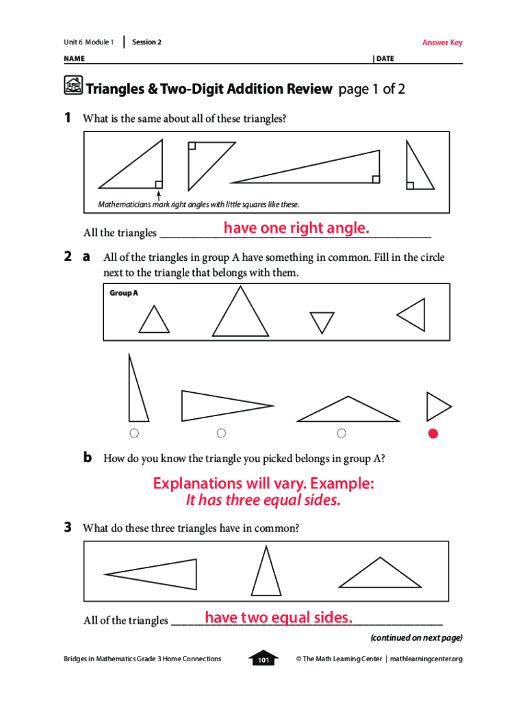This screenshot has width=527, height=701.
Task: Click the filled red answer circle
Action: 433,433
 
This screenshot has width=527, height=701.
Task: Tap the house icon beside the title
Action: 73,86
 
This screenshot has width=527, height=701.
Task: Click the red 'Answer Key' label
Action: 442,42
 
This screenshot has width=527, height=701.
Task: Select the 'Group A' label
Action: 124,293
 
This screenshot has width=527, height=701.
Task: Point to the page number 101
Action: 263,660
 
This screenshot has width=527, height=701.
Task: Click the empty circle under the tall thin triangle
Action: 134,433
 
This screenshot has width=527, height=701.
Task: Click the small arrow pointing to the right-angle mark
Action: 158,196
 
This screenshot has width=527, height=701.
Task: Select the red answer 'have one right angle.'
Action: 296,227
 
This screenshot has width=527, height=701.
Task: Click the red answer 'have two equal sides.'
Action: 279,617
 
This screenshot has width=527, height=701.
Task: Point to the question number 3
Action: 68,528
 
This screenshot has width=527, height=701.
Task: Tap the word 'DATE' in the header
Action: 385,59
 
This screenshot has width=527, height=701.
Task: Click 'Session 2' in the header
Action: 146,42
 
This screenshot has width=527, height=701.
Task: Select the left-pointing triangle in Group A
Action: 411,315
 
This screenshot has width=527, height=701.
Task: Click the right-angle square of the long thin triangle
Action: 376,179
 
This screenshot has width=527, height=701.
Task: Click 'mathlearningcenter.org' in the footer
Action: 426,659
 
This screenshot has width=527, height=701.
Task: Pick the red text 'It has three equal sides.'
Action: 263,500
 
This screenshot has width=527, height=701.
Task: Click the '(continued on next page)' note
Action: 417,637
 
